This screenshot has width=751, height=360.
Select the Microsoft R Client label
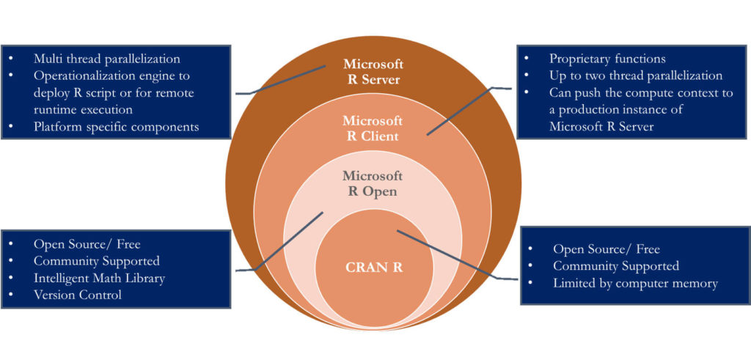point(373,128)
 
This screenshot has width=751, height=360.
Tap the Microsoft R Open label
point(373,183)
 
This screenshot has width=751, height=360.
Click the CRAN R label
point(373,267)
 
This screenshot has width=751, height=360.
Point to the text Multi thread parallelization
point(106,59)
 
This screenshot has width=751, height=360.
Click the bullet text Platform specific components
point(116,126)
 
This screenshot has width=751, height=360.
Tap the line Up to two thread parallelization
point(635,76)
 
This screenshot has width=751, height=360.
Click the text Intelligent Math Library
point(99,278)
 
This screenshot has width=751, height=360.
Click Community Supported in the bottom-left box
point(96,261)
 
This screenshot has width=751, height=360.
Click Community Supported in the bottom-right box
point(615,266)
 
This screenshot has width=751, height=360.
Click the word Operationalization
point(83,76)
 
